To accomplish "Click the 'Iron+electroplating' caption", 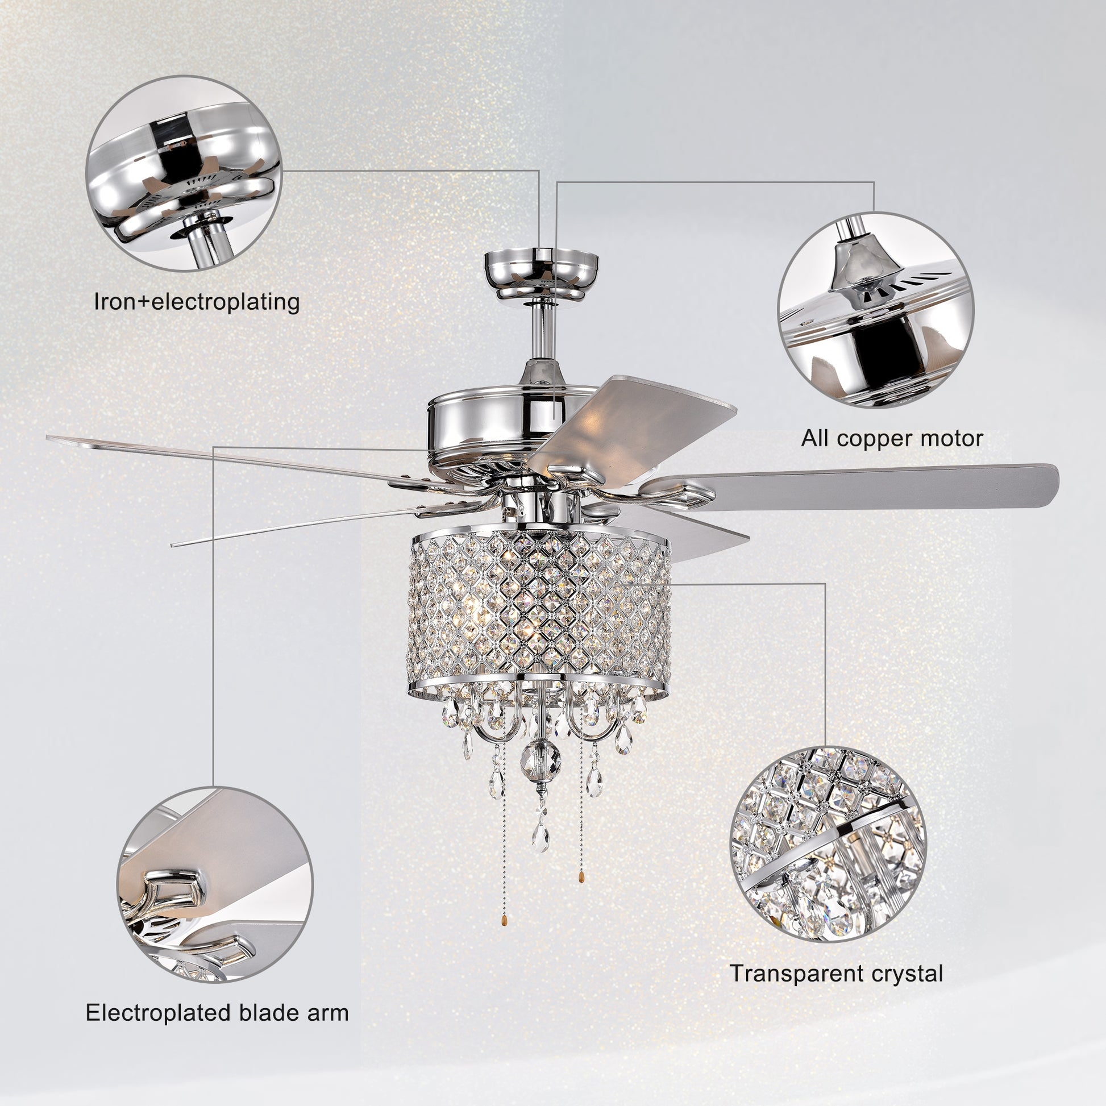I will click(x=196, y=302).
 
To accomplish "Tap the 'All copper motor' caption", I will click(x=891, y=439).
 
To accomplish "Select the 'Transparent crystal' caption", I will click(x=836, y=973).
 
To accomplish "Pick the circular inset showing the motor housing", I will click(x=875, y=310).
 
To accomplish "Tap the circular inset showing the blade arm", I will click(x=215, y=884).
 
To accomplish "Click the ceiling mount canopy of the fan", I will click(x=541, y=275).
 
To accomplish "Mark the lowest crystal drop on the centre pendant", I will click(x=540, y=839).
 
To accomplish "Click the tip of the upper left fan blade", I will click(x=55, y=438).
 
